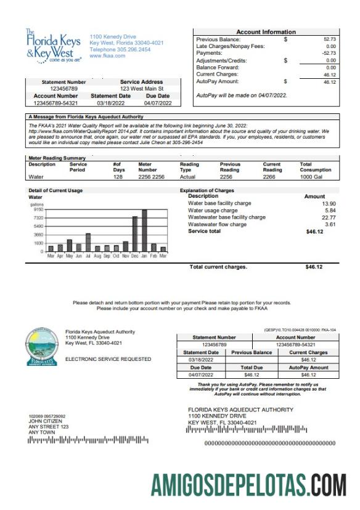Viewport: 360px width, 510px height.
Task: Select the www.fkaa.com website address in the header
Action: click(107, 56)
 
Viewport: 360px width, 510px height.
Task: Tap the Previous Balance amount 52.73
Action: click(329, 39)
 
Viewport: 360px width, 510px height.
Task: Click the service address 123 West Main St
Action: click(141, 89)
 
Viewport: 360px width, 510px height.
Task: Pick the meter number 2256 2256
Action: click(151, 176)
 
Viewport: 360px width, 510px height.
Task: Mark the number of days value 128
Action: click(118, 176)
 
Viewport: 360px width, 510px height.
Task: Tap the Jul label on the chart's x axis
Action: click(88, 255)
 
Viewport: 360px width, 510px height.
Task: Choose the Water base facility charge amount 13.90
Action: click(328, 203)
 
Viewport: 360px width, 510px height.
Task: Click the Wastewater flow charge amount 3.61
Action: click(329, 224)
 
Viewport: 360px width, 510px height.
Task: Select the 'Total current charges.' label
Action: click(218, 267)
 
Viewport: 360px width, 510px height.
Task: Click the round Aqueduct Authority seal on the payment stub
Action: click(41, 346)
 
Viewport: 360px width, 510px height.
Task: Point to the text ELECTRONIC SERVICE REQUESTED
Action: click(108, 358)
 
